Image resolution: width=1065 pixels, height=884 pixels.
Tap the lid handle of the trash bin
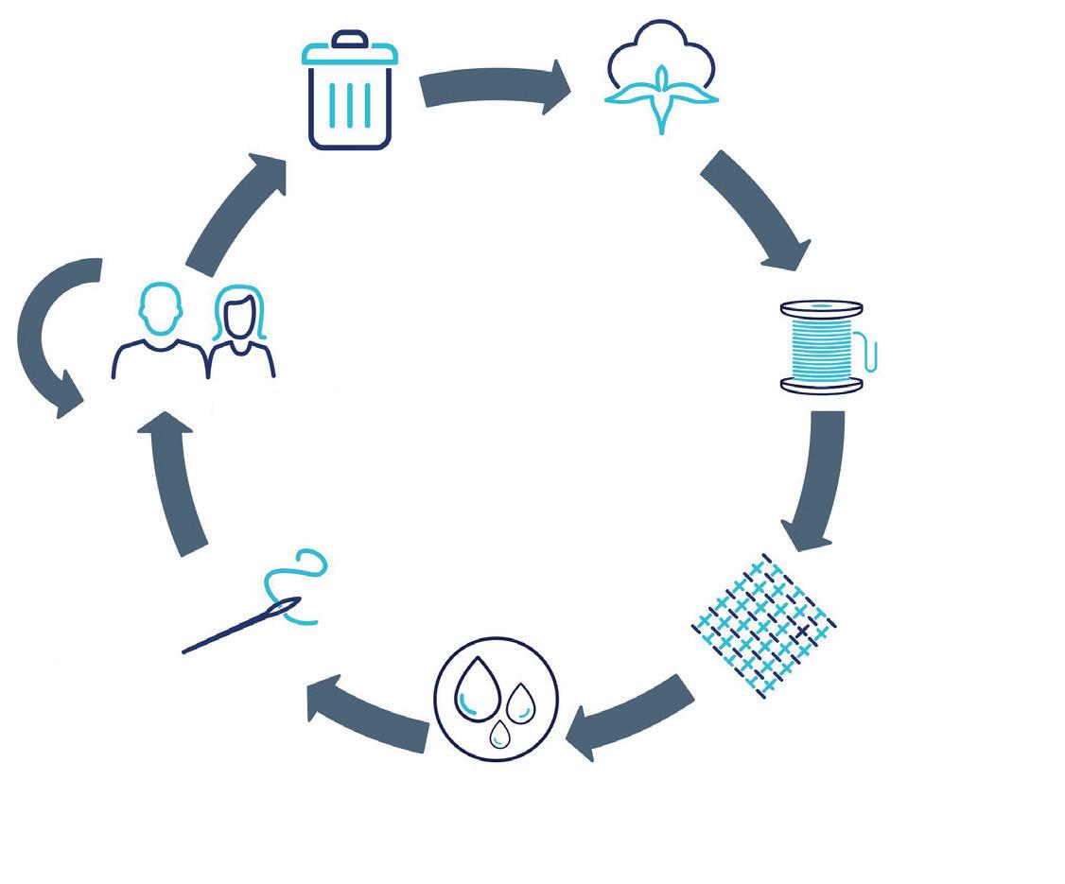coord(349,38)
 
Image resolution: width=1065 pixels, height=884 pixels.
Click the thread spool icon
coord(824,347)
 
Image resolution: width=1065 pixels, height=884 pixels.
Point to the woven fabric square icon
coord(764,625)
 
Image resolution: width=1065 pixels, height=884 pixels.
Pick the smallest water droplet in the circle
coord(498,733)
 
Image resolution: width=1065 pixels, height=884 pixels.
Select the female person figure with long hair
coord(239,335)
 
